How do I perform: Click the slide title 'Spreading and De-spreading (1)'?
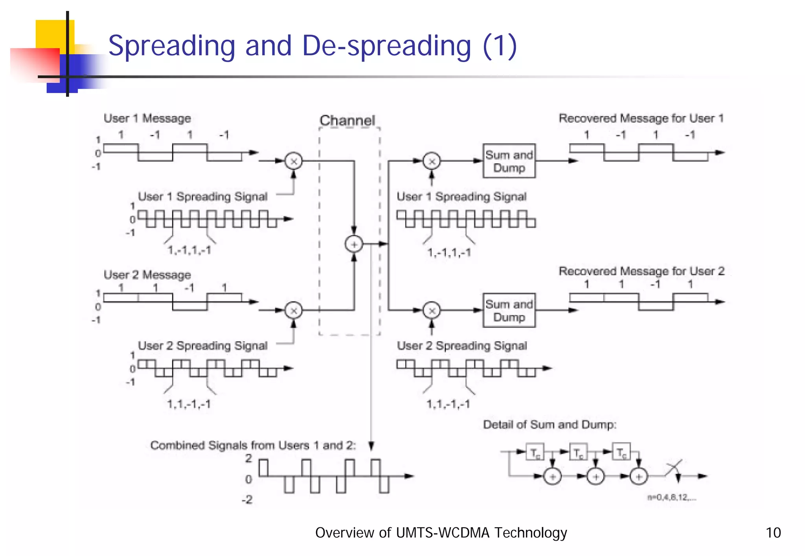pyautogui.click(x=312, y=46)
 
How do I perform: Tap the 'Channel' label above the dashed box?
pyautogui.click(x=347, y=120)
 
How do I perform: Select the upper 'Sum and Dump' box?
pyautogui.click(x=509, y=161)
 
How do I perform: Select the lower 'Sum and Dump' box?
pyautogui.click(x=509, y=310)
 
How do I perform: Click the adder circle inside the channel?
pyautogui.click(x=354, y=244)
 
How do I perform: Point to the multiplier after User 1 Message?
pyautogui.click(x=294, y=161)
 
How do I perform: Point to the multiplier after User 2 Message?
pyautogui.click(x=294, y=311)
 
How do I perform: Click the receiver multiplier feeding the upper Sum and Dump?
pyautogui.click(x=432, y=161)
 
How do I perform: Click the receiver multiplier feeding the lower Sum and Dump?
pyautogui.click(x=432, y=311)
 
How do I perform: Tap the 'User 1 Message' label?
pyautogui.click(x=147, y=118)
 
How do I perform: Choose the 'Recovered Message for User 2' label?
pyautogui.click(x=641, y=271)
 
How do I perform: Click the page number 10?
pyautogui.click(x=773, y=533)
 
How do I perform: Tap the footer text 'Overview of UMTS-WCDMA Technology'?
pyautogui.click(x=441, y=533)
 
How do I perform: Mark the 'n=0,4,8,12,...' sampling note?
pyautogui.click(x=672, y=497)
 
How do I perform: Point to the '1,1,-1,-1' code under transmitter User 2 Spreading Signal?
pyautogui.click(x=189, y=404)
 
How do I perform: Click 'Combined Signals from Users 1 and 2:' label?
pyautogui.click(x=253, y=445)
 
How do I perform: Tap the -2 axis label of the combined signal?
pyautogui.click(x=247, y=499)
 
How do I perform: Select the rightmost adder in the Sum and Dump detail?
pyautogui.click(x=639, y=477)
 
